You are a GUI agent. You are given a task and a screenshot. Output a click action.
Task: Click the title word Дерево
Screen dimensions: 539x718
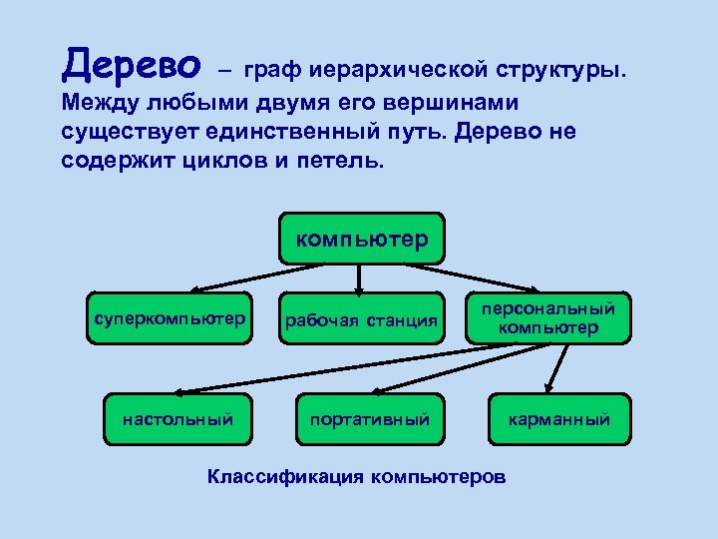pos(130,66)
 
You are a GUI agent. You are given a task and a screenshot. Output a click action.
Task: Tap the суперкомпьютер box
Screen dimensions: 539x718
pos(169,319)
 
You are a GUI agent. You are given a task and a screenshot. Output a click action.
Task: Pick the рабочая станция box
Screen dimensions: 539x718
pos(362,320)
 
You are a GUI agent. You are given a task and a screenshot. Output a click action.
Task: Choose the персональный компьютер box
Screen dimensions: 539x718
pos(548,318)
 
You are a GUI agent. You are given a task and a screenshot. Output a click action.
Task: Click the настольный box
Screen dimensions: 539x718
pos(178,419)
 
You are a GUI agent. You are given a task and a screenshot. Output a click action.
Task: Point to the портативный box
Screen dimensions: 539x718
pos(368,419)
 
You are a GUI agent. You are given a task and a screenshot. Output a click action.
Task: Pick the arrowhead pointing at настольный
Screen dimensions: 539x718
pos(191,389)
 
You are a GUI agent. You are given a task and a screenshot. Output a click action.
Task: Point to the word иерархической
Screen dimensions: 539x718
pos(399,71)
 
